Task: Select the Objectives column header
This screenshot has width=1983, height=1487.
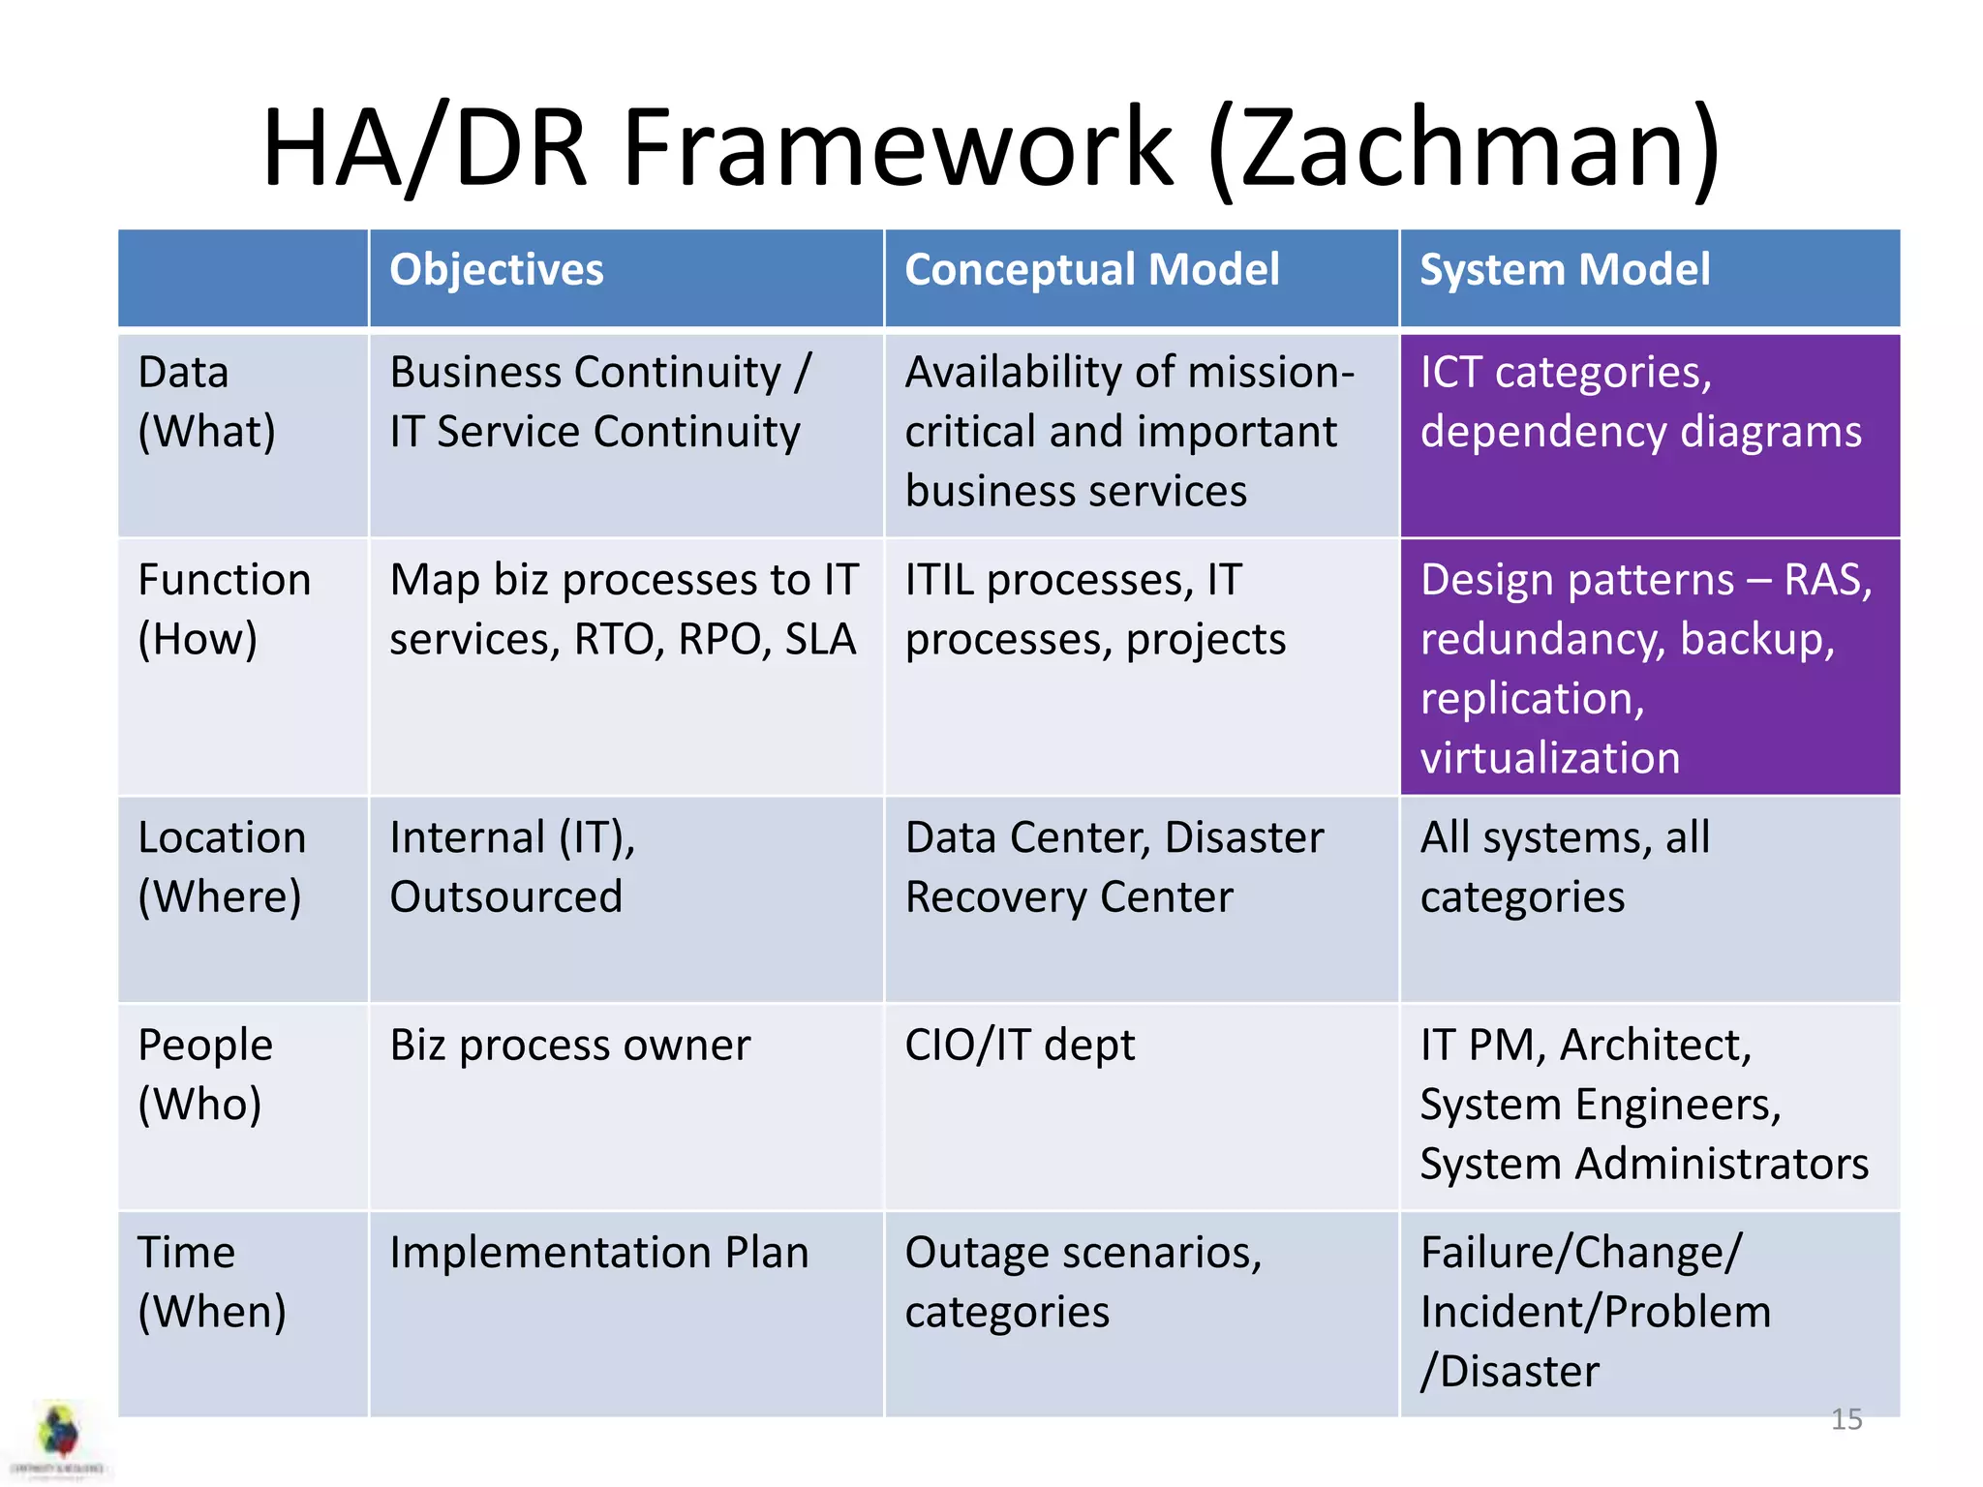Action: [496, 270]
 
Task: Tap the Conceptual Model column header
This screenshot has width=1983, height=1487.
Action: [1091, 270]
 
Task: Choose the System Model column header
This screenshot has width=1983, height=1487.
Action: [1564, 270]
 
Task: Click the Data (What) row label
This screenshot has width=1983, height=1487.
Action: [206, 402]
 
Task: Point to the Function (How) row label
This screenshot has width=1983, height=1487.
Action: [224, 610]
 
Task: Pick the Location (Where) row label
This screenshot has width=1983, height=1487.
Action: [222, 867]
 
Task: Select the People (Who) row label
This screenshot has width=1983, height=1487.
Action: [204, 1075]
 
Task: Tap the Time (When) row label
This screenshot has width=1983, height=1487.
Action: [211, 1283]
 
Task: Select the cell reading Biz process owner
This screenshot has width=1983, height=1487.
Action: [569, 1046]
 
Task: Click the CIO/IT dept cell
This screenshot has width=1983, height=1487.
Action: [1019, 1046]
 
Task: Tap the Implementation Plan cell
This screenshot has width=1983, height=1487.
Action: [598, 1253]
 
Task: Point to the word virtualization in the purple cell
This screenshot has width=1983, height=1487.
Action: [1549, 758]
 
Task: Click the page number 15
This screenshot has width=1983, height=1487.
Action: [1846, 1419]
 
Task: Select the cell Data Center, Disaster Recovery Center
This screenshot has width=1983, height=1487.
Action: [1114, 867]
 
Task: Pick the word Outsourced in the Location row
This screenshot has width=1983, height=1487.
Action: [505, 897]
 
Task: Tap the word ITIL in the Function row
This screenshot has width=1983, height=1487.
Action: [938, 581]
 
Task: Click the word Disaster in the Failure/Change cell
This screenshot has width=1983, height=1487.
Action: [1518, 1372]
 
